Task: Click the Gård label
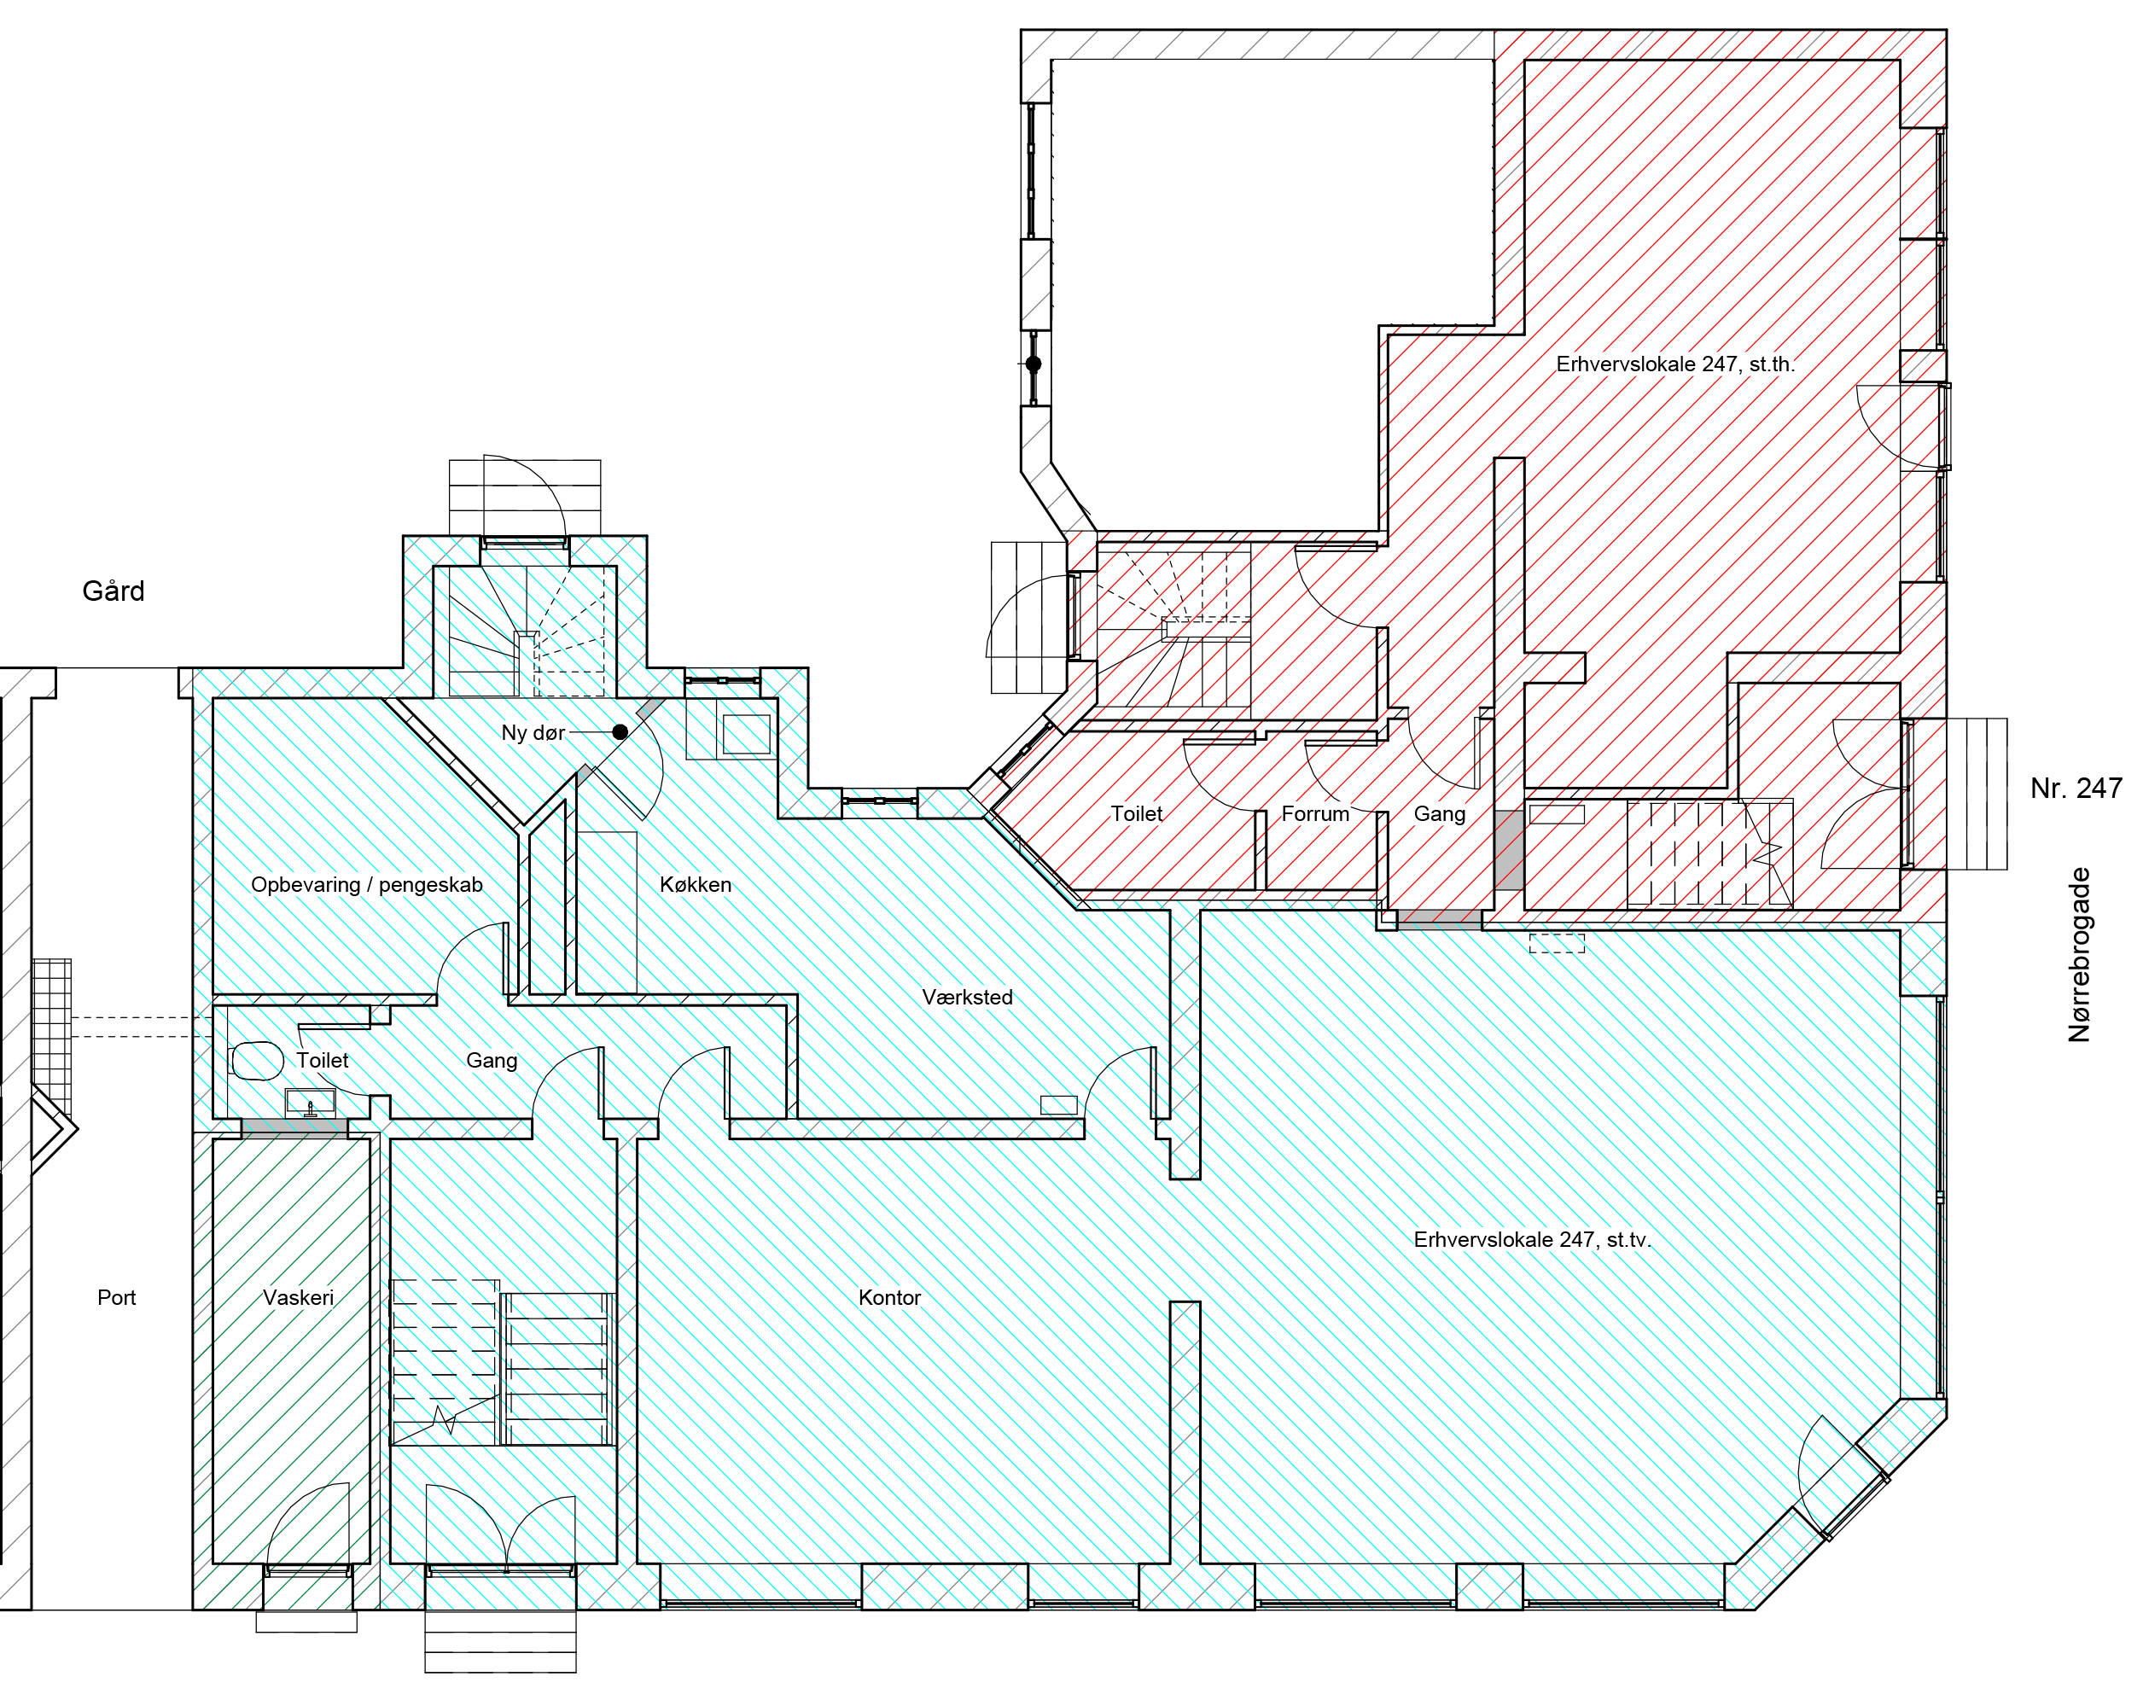(x=114, y=591)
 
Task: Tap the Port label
(x=116, y=1297)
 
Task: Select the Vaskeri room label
(x=298, y=1297)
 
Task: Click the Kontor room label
(x=889, y=1297)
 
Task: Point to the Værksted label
(x=967, y=997)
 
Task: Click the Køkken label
(x=696, y=885)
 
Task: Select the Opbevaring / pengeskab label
(x=367, y=885)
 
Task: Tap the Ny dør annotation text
(x=533, y=733)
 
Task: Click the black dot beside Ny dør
(x=620, y=731)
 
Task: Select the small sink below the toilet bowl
(x=310, y=1103)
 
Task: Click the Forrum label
(x=1315, y=814)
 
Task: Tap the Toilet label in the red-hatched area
(x=1136, y=814)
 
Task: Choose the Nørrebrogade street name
(x=2079, y=955)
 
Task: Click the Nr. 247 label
(x=2076, y=789)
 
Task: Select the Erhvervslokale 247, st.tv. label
(x=1532, y=1240)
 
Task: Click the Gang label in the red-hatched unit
(x=1439, y=814)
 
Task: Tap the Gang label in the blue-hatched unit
(x=492, y=1061)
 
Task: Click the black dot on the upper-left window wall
(x=1034, y=364)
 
